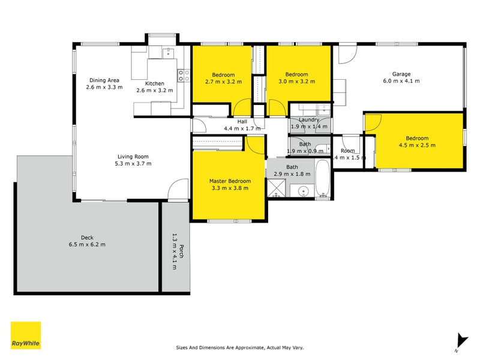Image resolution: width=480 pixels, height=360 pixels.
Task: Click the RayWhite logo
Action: tap(26, 335)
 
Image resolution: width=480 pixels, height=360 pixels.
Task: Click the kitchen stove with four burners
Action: tap(183, 75)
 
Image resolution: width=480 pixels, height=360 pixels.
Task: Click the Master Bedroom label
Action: tap(229, 181)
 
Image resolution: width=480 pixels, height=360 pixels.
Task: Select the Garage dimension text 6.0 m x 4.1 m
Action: tap(401, 81)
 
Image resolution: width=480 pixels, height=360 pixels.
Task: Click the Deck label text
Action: tap(86, 237)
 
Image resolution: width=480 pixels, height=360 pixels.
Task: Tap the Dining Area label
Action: tap(104, 80)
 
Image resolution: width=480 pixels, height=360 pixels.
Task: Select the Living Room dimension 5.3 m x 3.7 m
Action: tap(133, 163)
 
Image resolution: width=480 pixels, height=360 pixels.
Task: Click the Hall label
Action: tap(242, 122)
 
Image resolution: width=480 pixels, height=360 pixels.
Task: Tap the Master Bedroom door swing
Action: tap(256, 146)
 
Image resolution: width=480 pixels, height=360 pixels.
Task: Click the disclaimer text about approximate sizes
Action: tap(239, 347)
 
